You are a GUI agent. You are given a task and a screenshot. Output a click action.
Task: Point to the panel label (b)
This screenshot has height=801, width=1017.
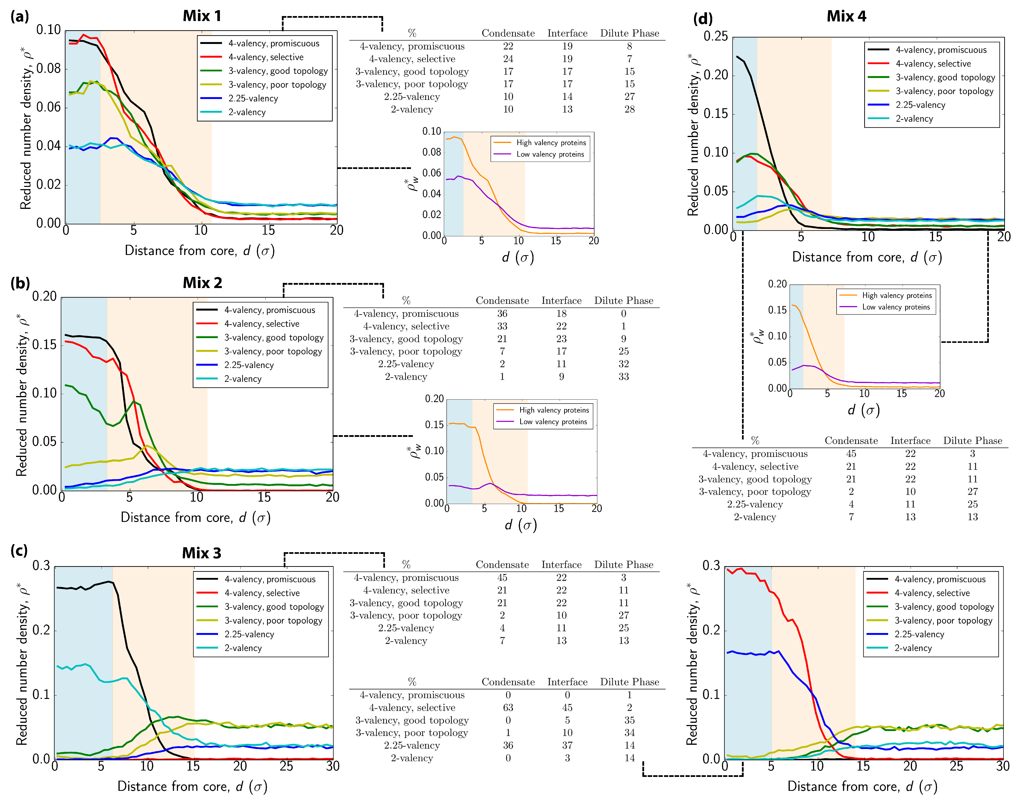(x=20, y=283)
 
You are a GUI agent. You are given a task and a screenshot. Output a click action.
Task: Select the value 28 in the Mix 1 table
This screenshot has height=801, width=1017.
(x=629, y=109)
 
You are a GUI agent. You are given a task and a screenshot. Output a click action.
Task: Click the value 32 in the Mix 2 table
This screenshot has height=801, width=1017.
(x=623, y=364)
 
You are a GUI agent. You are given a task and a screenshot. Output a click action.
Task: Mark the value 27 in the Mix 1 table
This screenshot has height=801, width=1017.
(x=629, y=97)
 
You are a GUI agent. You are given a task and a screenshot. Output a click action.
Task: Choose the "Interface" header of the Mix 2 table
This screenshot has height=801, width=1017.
(x=561, y=301)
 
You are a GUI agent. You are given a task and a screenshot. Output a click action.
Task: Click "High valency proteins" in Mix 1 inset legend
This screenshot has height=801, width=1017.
(x=551, y=142)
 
